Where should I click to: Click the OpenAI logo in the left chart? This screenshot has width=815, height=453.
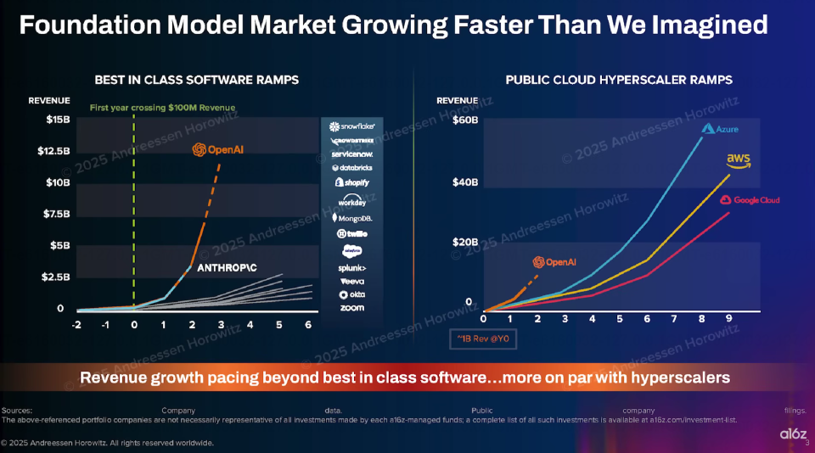point(218,149)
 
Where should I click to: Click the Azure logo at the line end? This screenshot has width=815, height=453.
point(721,130)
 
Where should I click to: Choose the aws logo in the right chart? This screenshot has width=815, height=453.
point(738,160)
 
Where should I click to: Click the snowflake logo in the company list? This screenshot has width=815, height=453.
point(352,126)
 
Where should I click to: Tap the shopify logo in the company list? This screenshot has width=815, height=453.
point(352,182)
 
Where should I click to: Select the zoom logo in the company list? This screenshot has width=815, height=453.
point(351,307)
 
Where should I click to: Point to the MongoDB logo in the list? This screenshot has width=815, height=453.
point(351,219)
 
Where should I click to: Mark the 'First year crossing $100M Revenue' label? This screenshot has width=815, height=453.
point(163,108)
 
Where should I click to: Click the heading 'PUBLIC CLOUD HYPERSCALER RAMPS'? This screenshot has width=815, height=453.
point(619,80)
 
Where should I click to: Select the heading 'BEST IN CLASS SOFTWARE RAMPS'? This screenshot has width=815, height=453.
point(196,80)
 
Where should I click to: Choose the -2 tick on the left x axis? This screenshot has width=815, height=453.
point(76,325)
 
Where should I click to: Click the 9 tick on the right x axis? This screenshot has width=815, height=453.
point(729,319)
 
